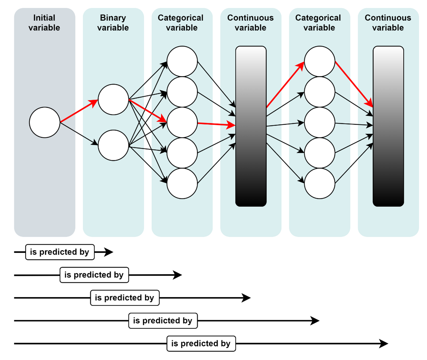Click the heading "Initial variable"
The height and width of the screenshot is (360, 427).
[x=44, y=23]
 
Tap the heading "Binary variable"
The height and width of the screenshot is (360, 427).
[x=113, y=23]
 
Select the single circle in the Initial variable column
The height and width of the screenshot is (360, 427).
[x=45, y=122]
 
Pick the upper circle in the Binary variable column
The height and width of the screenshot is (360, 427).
[x=114, y=99]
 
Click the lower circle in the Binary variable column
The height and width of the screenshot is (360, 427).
[x=114, y=145]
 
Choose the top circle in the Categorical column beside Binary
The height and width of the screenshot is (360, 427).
[x=182, y=62]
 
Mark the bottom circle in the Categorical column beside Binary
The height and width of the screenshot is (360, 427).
[x=182, y=183]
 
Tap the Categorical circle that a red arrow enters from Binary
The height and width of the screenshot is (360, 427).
[x=182, y=122]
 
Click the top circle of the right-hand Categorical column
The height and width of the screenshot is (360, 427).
[x=319, y=62]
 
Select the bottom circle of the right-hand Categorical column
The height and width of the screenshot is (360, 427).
[x=319, y=183]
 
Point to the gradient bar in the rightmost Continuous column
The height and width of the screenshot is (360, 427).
[x=388, y=126]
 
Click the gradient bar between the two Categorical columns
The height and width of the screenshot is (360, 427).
[x=251, y=126]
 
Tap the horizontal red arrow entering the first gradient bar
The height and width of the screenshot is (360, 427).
[x=216, y=124]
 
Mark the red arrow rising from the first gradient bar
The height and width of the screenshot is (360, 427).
[x=285, y=85]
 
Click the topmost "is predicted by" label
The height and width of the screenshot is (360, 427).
[x=60, y=252]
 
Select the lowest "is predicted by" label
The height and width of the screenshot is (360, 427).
[x=201, y=344]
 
